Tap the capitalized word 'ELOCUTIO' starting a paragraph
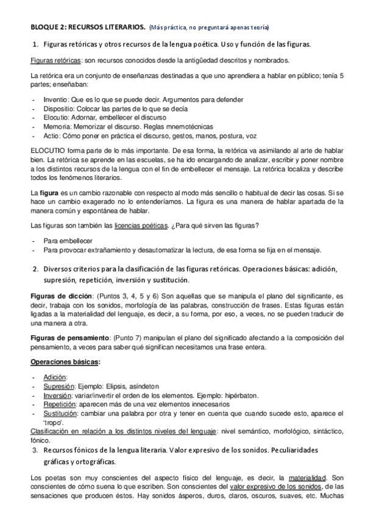coord(47,151)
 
